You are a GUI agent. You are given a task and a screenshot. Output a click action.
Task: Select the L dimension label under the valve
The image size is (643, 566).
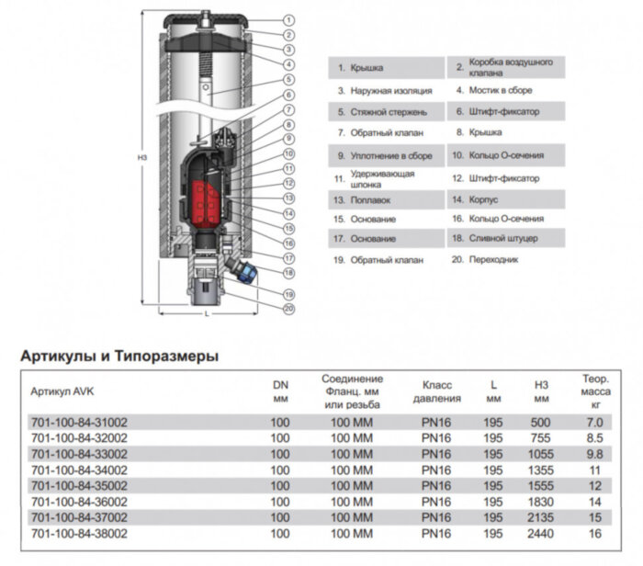click(x=208, y=314)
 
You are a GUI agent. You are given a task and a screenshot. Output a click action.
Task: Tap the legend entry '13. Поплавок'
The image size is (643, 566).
click(x=364, y=198)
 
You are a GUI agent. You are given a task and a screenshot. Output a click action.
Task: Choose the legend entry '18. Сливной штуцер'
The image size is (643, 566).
click(x=493, y=239)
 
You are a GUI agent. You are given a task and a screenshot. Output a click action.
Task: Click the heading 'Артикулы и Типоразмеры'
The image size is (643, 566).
click(x=118, y=357)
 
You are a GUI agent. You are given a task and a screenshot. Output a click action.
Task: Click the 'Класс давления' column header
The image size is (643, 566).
click(x=436, y=391)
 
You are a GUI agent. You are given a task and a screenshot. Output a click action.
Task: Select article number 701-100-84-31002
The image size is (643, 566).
click(x=79, y=423)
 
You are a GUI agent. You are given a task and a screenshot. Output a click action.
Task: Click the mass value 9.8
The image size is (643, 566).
click(x=596, y=454)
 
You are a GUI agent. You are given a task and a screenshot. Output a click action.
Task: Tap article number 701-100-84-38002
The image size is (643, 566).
click(x=79, y=532)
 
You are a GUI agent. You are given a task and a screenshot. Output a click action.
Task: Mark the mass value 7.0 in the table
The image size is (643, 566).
click(x=596, y=423)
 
